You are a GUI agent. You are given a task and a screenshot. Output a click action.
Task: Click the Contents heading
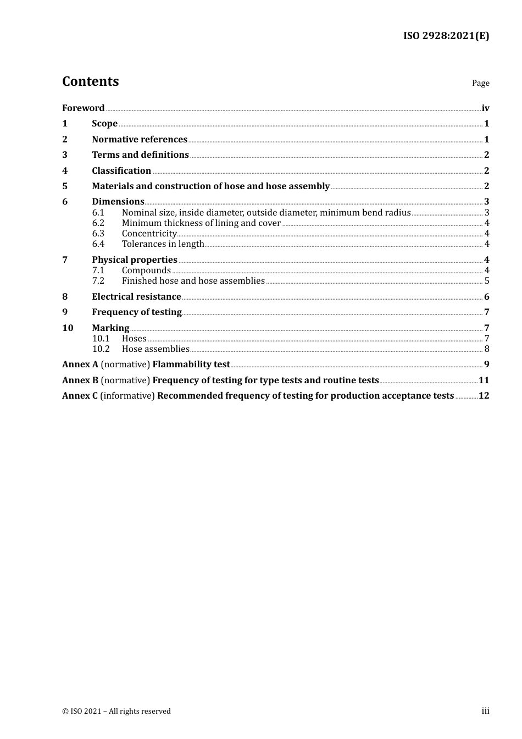90,81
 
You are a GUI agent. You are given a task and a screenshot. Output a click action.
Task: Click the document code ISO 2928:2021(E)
446,36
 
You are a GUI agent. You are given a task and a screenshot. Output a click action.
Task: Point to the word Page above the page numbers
480,83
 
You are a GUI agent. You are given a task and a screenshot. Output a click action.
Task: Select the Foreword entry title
83,108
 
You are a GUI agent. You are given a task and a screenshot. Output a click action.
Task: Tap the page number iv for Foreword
485,108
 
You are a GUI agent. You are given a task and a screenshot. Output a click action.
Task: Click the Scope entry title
104,124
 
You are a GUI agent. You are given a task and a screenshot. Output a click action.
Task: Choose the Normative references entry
139,140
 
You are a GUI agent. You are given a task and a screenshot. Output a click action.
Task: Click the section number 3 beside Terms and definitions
65,155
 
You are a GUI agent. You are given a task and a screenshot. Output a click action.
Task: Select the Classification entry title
121,171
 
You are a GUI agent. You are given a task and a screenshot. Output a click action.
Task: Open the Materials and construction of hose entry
210,186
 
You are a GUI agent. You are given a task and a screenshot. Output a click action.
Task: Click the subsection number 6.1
98,213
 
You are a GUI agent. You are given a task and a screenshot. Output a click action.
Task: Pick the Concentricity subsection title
149,234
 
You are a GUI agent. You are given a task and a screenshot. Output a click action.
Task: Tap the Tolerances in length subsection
163,244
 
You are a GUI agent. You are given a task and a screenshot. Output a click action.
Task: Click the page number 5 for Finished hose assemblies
487,281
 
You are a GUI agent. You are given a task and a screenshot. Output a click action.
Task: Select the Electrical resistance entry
136,297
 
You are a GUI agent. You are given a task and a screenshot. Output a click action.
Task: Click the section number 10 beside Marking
68,328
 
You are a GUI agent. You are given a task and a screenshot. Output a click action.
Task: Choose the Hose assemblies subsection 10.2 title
156,349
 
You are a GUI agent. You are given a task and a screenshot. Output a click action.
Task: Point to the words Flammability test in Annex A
191,365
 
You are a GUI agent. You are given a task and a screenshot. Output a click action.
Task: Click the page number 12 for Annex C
484,396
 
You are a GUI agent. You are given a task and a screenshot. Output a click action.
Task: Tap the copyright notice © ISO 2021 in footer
116,712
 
